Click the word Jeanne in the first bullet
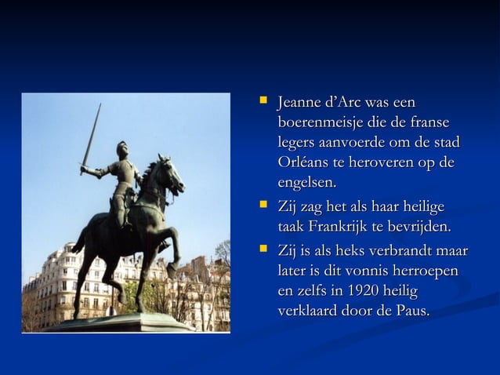pos(299,103)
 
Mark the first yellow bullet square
pos(263,102)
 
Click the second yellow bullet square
pos(263,206)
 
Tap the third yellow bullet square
pos(263,250)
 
